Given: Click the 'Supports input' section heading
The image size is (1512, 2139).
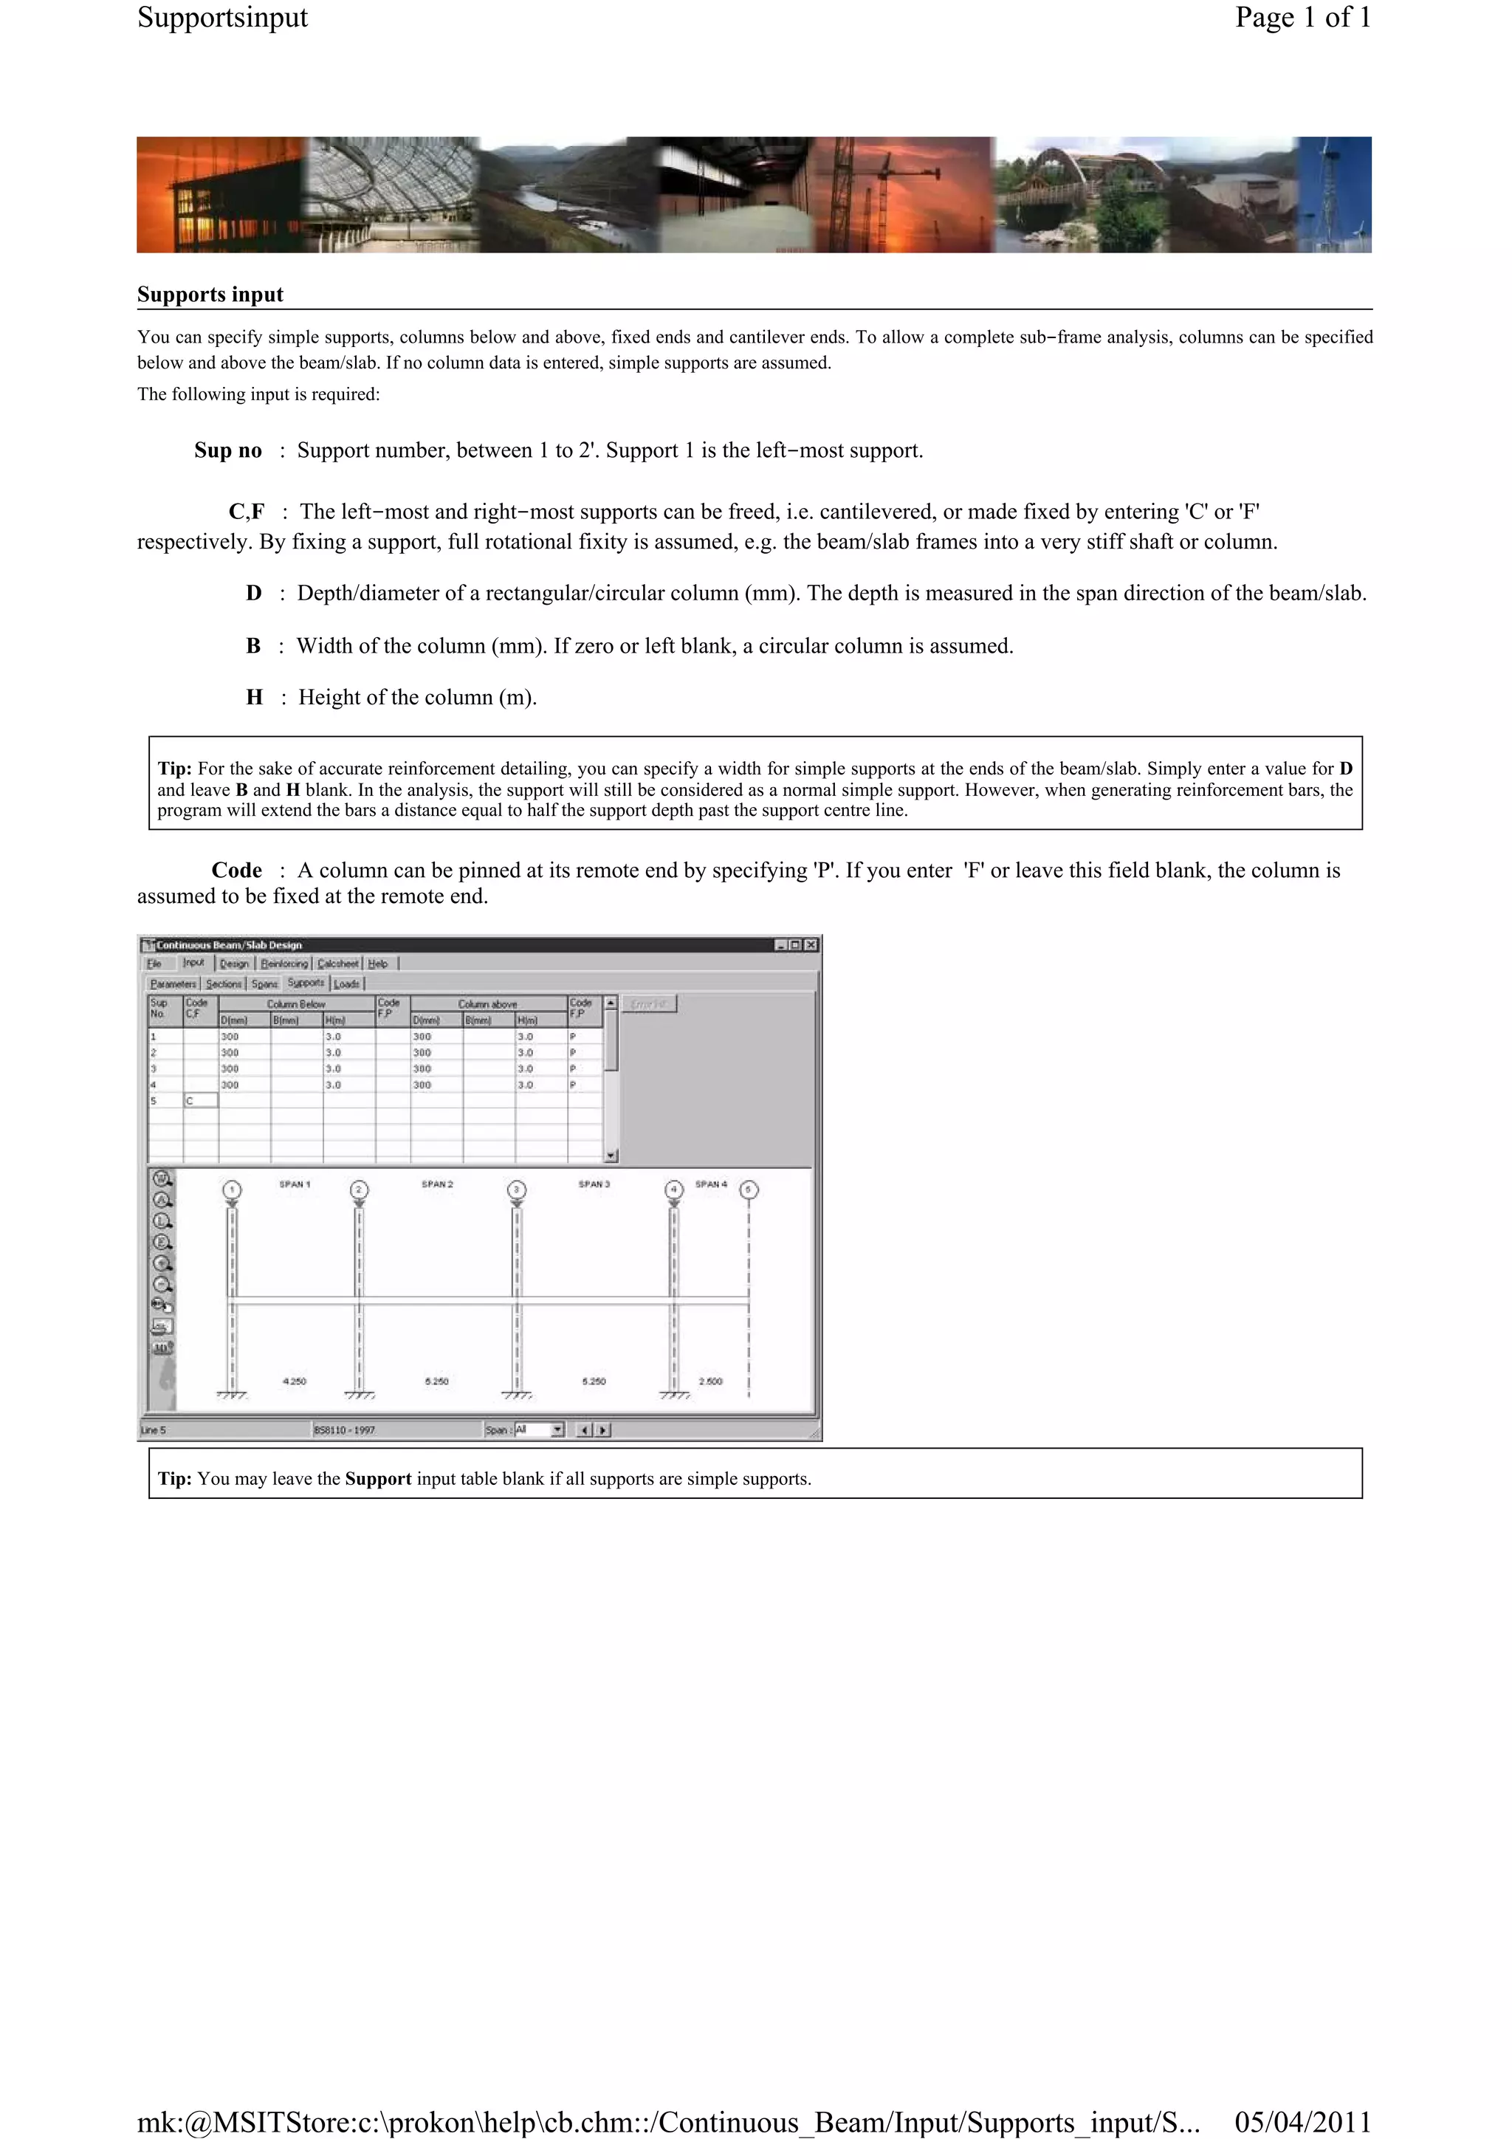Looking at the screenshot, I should click(x=210, y=295).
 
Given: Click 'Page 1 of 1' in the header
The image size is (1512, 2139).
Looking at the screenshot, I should click(x=1302, y=18).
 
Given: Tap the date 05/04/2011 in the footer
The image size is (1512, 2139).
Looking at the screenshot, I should click(x=1302, y=2121).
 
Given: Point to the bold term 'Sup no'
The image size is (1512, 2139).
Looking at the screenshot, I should click(x=227, y=451).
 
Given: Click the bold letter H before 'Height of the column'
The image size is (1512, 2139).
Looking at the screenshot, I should click(x=254, y=698).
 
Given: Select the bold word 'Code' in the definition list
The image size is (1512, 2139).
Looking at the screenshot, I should click(x=237, y=870).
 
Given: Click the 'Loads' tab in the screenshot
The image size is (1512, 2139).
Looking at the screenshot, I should click(x=346, y=983).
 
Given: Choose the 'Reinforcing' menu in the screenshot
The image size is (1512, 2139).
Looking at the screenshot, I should click(x=284, y=964).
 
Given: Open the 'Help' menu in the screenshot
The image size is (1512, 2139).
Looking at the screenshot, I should click(x=377, y=964).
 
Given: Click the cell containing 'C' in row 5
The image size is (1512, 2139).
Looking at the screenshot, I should click(x=200, y=1100).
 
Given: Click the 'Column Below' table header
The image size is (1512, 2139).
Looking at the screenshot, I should click(x=296, y=1003).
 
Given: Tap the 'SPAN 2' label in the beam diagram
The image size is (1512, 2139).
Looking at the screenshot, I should click(x=437, y=1184).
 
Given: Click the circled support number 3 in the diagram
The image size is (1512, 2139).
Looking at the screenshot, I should click(x=517, y=1189).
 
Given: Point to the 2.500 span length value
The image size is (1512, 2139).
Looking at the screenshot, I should click(x=710, y=1381).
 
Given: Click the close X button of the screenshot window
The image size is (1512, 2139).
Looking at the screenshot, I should click(x=811, y=944).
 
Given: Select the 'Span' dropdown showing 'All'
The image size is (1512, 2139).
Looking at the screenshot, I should click(x=538, y=1429).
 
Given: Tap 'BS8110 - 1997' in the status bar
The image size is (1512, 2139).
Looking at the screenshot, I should click(x=344, y=1430).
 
